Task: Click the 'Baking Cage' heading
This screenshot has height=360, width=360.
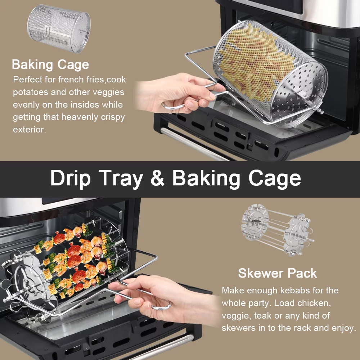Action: click(50, 64)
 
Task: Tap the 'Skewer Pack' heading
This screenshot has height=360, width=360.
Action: click(278, 273)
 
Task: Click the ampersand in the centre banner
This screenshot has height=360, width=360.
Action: click(158, 178)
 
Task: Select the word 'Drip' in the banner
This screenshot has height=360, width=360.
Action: click(71, 179)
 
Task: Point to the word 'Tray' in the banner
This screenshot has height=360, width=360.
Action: click(121, 179)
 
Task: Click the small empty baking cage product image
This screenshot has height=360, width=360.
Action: click(59, 28)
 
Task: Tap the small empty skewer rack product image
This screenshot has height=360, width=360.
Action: click(277, 230)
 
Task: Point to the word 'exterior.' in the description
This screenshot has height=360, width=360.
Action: click(30, 130)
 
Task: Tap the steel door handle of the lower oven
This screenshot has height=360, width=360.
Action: click(161, 347)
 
